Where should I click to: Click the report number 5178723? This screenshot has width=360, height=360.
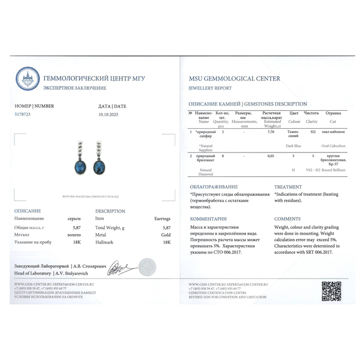(x=23, y=114)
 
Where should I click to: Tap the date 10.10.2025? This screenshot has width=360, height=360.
(x=110, y=114)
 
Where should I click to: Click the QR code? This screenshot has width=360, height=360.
(x=331, y=291)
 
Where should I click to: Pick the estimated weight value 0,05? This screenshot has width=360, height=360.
(x=271, y=156)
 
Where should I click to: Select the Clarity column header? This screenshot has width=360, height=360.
(x=311, y=122)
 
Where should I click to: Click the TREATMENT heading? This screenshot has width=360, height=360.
(x=288, y=187)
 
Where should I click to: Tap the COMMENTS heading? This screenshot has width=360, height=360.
(x=287, y=219)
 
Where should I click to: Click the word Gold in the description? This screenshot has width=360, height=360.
(x=166, y=234)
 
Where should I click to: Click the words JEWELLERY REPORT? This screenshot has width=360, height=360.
(x=210, y=88)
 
